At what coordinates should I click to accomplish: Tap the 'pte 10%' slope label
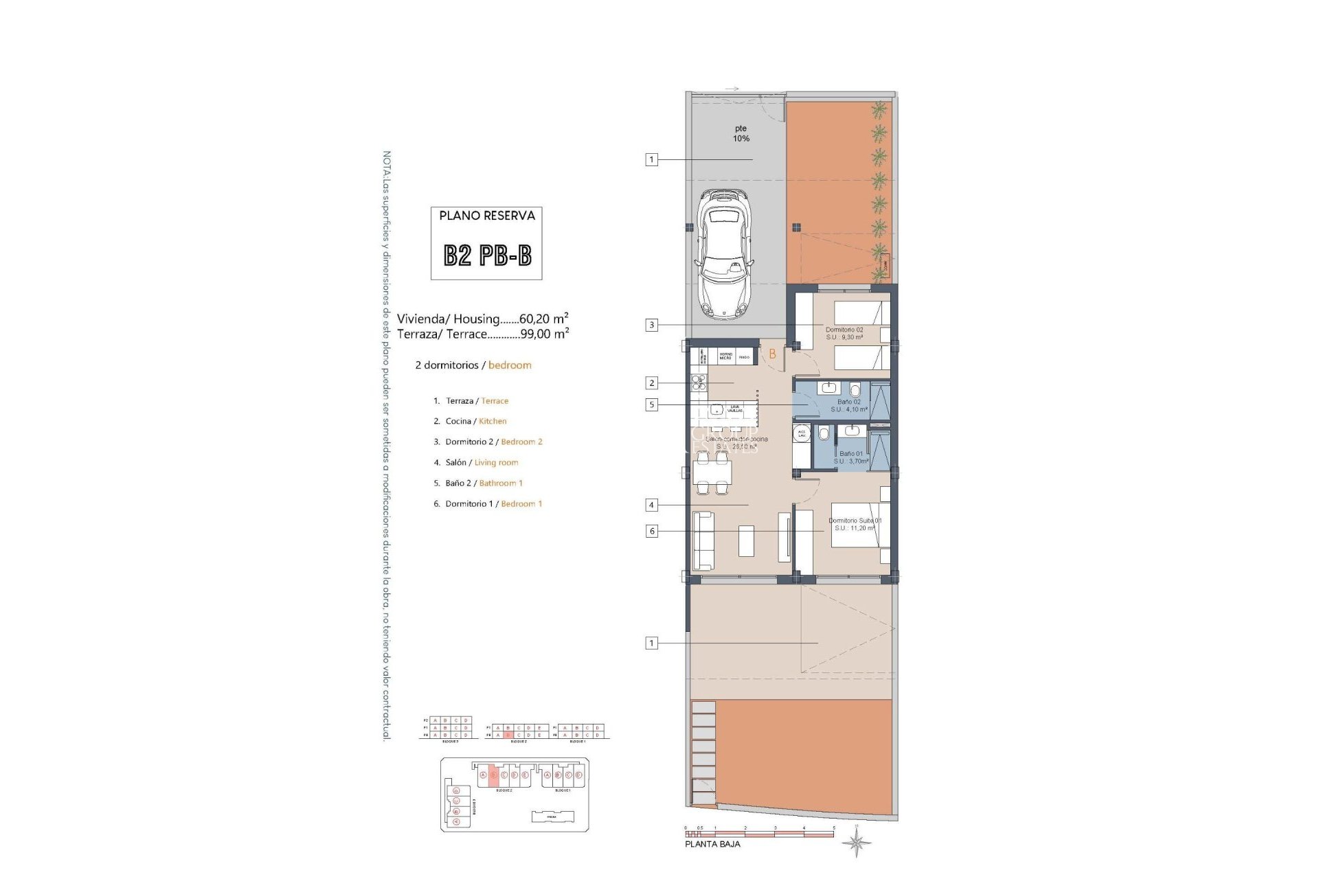[x=741, y=133]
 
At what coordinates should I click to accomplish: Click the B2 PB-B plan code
[x=487, y=255]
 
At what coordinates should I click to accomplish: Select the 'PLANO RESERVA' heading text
[x=487, y=216]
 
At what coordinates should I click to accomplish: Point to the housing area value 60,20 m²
[x=543, y=319]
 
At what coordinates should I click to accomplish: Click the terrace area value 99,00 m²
[x=544, y=334]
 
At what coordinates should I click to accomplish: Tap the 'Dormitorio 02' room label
[x=844, y=330]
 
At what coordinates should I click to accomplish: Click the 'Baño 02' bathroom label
[x=848, y=402]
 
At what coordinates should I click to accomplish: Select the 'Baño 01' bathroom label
[x=850, y=454]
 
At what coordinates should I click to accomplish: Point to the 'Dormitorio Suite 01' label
[x=855, y=521]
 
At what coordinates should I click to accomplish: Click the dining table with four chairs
[x=712, y=472]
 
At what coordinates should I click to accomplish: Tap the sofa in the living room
[x=702, y=540]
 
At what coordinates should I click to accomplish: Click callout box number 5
[x=651, y=405]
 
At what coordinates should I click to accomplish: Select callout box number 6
[x=651, y=531]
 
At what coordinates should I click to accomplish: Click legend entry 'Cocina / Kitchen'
[x=475, y=422]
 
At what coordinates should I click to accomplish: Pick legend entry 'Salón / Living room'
[x=481, y=463]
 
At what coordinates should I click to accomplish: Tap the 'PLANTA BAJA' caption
[x=712, y=844]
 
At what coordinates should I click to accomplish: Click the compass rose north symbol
[x=857, y=842]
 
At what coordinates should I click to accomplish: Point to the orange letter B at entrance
[x=772, y=354]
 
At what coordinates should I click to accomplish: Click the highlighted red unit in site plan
[x=493, y=775]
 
